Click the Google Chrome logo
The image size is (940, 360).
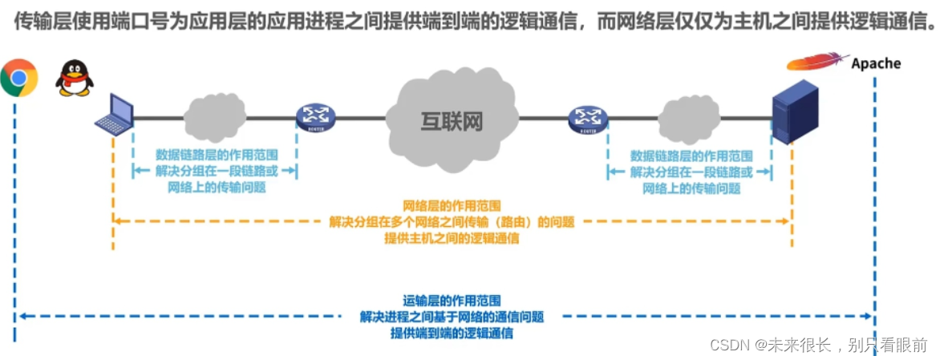[x=18, y=78]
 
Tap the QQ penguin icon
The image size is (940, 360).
[x=74, y=78]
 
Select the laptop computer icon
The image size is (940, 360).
[x=114, y=114]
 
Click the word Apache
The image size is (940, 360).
[x=876, y=63]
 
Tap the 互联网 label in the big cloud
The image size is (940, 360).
[x=452, y=122]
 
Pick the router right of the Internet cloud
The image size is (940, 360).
[x=588, y=119]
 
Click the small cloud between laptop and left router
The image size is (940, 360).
[x=214, y=115]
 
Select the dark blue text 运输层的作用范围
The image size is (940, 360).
[x=452, y=301]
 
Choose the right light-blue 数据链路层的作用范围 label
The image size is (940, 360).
[x=691, y=156]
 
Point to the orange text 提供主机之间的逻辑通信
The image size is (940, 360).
[x=452, y=238]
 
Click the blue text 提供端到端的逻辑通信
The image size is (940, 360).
[x=452, y=333]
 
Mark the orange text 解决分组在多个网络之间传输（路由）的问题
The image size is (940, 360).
[x=452, y=222]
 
